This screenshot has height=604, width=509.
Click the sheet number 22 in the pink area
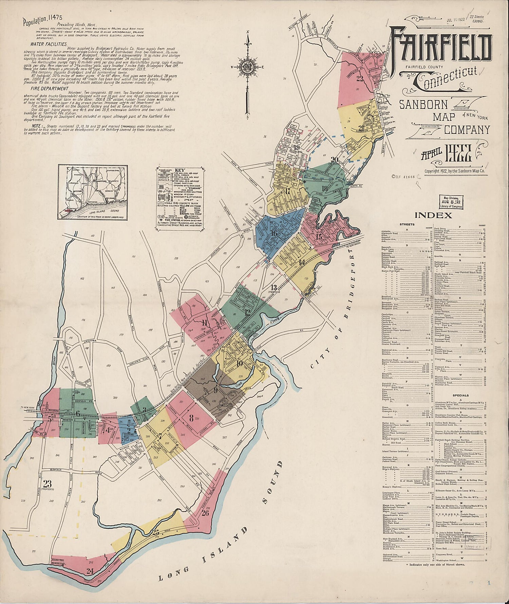359,79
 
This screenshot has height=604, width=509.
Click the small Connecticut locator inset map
93,191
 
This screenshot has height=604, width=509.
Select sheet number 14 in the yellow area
302,262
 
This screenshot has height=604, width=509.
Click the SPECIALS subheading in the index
460,395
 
